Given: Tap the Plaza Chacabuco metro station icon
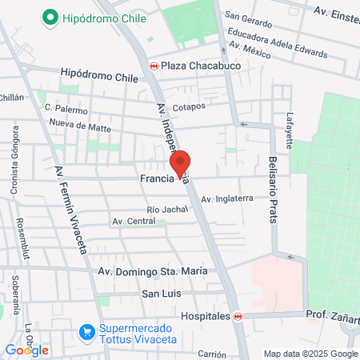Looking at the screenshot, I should tap(153, 66).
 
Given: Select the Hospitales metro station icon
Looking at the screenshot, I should tap(238, 317).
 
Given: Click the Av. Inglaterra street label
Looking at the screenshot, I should tap(227, 198).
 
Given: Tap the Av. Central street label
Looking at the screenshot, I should tap(134, 221).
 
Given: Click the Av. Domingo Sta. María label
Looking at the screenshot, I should tap(152, 271).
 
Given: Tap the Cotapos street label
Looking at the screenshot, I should tap(189, 106).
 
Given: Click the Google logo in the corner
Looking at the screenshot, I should tap(27, 350).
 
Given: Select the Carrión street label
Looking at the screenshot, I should tap(213, 354).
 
